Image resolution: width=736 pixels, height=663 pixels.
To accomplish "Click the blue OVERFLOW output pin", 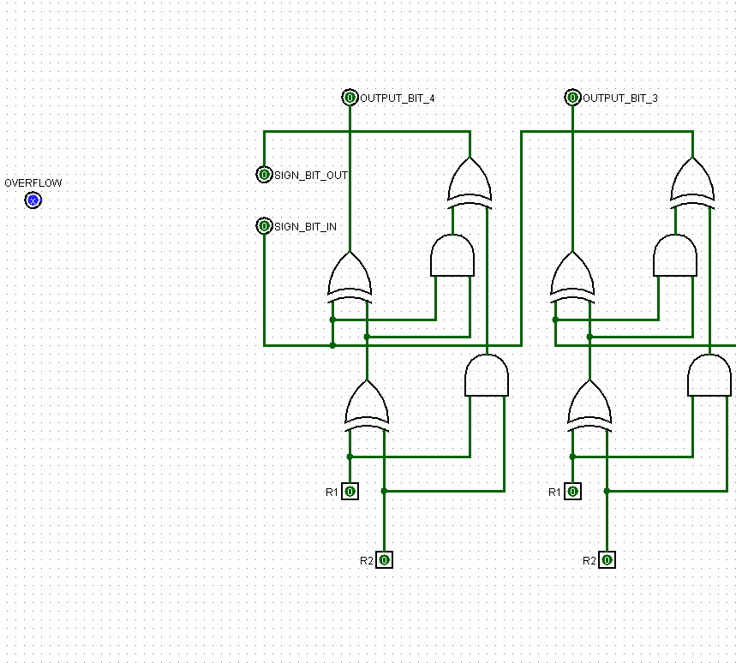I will click(33, 200).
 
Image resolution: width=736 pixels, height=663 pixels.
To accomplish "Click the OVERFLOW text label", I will click(33, 183).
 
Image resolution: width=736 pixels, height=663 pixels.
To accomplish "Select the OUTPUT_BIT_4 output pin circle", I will click(350, 98).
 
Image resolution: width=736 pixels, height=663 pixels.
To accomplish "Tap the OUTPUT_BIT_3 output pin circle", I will click(572, 98).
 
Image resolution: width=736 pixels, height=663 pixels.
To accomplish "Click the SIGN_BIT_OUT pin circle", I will click(264, 175).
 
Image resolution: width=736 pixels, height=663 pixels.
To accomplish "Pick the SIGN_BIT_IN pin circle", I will click(264, 226).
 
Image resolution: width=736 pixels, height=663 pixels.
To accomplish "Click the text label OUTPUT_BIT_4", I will click(397, 99).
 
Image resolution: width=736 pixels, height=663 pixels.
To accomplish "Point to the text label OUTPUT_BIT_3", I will click(619, 99).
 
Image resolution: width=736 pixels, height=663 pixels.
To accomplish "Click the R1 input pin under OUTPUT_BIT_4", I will click(350, 492).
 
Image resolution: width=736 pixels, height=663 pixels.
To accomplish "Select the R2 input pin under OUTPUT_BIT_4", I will click(384, 560).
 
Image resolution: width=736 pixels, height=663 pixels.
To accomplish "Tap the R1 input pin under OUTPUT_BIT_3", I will click(572, 492).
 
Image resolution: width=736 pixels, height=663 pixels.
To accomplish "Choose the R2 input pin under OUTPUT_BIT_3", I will click(607, 560).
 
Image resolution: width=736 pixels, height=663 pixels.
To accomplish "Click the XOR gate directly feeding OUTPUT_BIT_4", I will click(350, 276).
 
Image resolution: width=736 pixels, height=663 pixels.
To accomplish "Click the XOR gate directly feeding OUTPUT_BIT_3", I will click(572, 276).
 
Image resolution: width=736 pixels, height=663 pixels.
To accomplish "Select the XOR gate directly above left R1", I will click(367, 404).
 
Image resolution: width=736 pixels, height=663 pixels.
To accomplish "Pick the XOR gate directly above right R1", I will click(589, 404).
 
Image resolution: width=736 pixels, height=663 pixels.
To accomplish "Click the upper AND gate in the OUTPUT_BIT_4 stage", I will click(452, 257).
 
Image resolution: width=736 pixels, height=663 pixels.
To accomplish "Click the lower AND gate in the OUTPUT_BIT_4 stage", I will click(487, 377).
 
